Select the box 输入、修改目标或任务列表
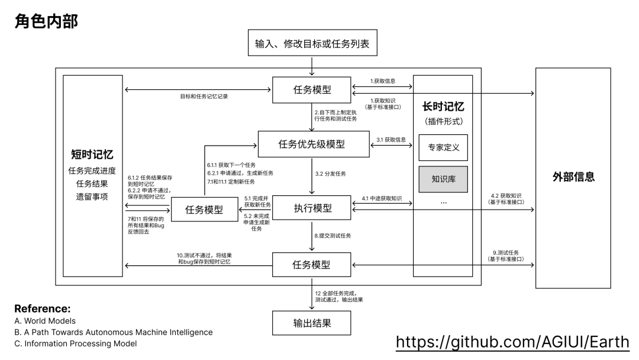tap(312, 43)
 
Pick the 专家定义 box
tap(443, 148)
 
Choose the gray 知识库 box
tap(443, 179)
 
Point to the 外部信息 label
tap(573, 176)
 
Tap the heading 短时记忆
tap(92, 155)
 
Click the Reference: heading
tap(42, 308)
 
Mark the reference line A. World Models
tap(46, 321)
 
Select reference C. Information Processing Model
tap(75, 343)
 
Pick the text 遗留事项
tap(92, 196)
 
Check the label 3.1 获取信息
tap(392, 140)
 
